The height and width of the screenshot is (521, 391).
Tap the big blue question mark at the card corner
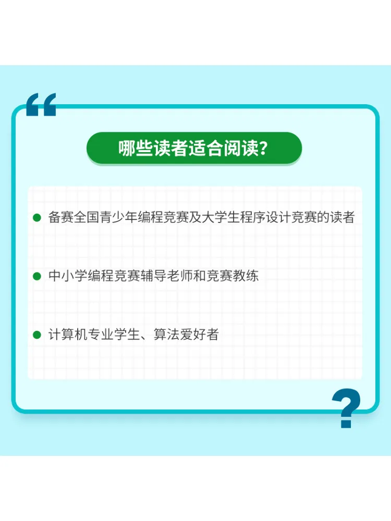click(346, 408)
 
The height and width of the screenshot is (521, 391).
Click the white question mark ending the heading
click(263, 148)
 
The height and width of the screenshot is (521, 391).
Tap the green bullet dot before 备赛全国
click(36, 218)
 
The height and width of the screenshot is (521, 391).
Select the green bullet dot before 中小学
click(36, 276)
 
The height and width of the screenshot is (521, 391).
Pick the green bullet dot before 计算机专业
click(36, 334)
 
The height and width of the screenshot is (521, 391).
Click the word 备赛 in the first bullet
click(61, 217)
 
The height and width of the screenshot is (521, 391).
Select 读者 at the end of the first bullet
click(342, 217)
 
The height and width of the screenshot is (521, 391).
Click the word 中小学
click(67, 276)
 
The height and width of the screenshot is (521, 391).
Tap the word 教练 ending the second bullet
click(246, 276)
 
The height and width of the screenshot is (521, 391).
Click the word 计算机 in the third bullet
click(67, 334)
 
